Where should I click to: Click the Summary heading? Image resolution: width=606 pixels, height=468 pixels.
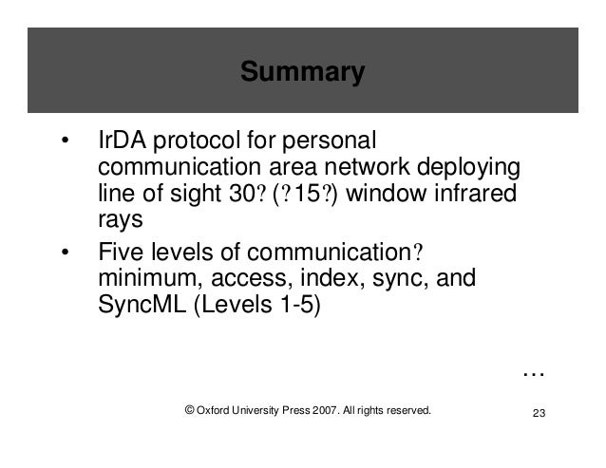302,72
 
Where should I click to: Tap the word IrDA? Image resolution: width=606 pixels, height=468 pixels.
121,142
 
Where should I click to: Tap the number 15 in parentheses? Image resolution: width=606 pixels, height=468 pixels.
306,194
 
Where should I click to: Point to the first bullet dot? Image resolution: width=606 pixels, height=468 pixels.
65,143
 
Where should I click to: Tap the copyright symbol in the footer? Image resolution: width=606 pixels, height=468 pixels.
190,410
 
